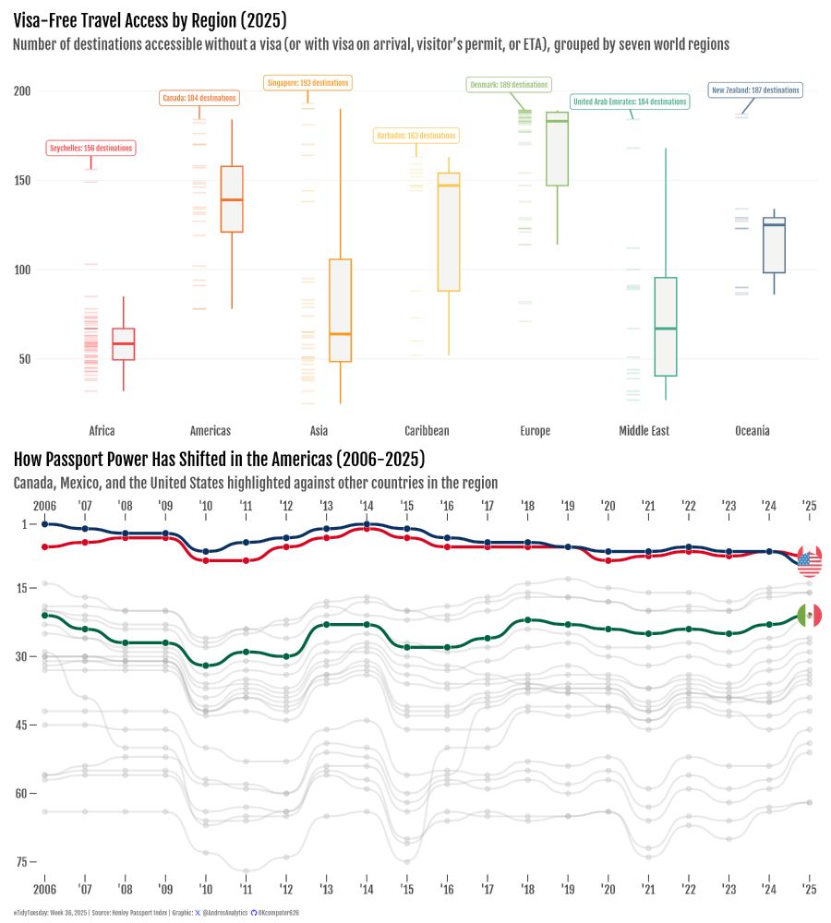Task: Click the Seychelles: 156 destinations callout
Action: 90,148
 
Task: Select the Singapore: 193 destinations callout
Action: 307,83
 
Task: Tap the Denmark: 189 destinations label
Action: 509,85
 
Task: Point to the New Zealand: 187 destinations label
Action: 755,90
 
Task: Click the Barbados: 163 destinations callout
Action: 416,136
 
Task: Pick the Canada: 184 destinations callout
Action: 199,98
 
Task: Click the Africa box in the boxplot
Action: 124,343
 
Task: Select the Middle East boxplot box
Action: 666,327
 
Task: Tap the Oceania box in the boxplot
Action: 774,246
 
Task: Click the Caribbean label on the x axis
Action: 427,431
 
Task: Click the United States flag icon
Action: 809,560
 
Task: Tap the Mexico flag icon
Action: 809,616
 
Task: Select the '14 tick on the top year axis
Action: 367,506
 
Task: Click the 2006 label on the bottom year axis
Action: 43,889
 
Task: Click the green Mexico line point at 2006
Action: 44,615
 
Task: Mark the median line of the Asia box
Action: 340,334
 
